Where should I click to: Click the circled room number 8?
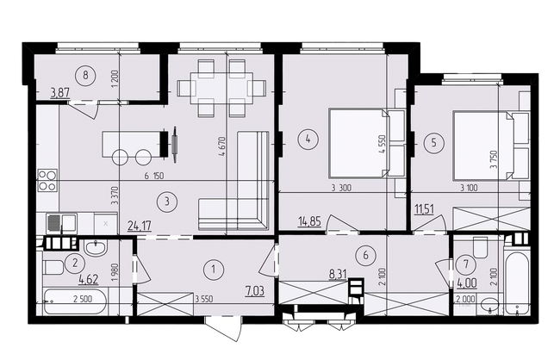tap(85, 75)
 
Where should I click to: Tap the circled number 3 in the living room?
tap(167, 202)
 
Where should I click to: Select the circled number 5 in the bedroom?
tap(434, 143)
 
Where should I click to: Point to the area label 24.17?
tap(140, 226)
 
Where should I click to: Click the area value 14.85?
tap(309, 222)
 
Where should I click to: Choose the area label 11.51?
tap(425, 209)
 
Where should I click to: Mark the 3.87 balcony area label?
tap(60, 93)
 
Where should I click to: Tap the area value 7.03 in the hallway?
tap(255, 291)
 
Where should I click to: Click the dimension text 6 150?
tap(154, 176)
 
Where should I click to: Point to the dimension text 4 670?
tap(222, 146)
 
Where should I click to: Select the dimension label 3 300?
tap(341, 188)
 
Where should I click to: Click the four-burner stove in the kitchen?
tap(47, 180)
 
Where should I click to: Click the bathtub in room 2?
tap(75, 301)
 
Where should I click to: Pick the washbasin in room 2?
tap(96, 247)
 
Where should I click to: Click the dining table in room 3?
tap(221, 88)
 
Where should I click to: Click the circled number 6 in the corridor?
tap(365, 255)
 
